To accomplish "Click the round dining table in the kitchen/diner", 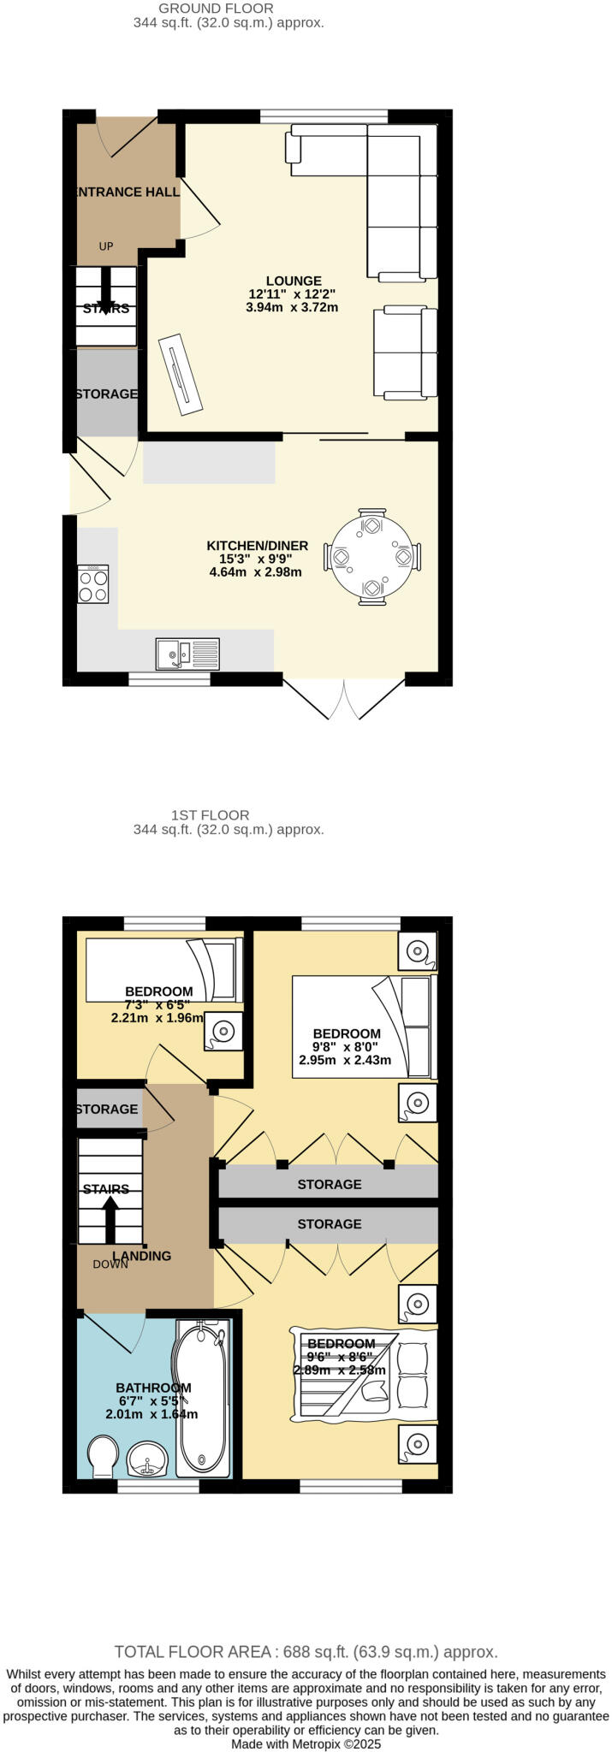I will [372, 558].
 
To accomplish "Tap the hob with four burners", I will [93, 584].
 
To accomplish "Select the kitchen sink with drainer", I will [187, 654].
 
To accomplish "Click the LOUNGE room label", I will [294, 281].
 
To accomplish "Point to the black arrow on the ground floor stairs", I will [106, 291].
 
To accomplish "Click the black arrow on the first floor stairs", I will [110, 1218].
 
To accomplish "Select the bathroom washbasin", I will [149, 1459].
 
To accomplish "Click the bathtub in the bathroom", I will [202, 1399].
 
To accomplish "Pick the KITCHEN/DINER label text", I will [257, 546].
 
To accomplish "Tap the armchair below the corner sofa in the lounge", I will [405, 352].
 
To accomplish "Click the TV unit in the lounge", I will [181, 374].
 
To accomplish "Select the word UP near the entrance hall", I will [106, 246].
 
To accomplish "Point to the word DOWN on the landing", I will [110, 1264].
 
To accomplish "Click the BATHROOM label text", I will [153, 1388].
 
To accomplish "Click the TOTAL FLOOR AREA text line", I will [306, 1652].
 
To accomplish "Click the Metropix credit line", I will [306, 1743].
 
